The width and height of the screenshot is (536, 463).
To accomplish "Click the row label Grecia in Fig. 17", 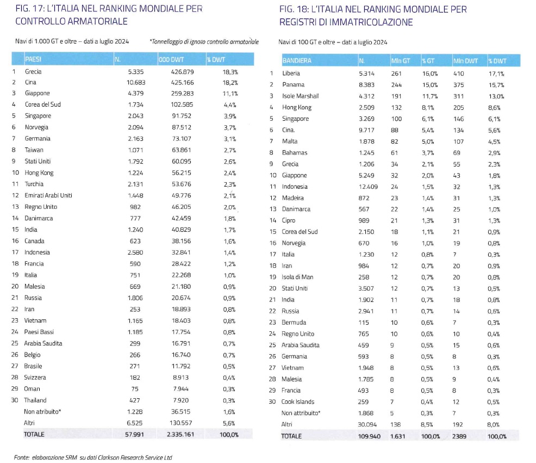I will click(33, 71).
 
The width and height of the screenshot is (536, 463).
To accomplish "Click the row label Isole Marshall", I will click(300, 96).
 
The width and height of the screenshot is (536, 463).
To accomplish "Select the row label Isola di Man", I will click(297, 277).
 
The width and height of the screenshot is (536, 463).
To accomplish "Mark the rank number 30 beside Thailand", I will click(15, 400).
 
